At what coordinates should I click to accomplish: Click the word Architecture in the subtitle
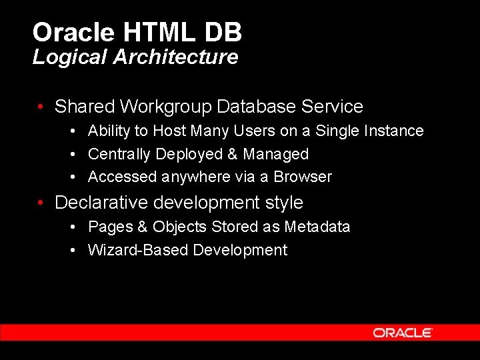click(175, 57)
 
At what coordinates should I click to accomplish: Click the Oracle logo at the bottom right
click(403, 333)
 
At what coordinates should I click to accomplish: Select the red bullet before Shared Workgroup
click(41, 107)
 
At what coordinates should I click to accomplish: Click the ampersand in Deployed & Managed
click(232, 154)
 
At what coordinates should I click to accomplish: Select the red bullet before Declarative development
click(41, 202)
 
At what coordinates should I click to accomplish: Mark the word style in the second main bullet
click(284, 202)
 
